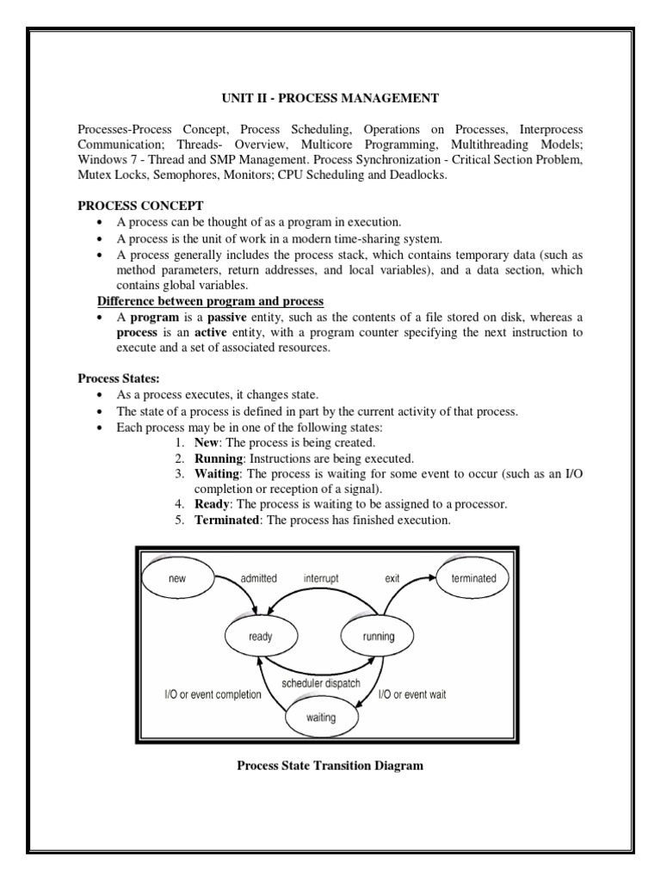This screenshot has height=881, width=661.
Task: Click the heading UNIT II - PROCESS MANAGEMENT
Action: pos(330,99)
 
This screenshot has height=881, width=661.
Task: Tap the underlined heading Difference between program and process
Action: pos(210,300)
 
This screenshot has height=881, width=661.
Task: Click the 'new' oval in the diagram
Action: pos(177,579)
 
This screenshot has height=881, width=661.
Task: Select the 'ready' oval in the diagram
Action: pos(260,638)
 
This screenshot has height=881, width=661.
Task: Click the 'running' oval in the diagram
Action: pos(379,638)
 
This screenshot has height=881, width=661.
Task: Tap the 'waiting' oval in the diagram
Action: pos(322,716)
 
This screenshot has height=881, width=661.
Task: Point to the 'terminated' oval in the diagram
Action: pos(473,578)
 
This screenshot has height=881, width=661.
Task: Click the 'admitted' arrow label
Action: pos(258,578)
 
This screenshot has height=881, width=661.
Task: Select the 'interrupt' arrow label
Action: pos(321,578)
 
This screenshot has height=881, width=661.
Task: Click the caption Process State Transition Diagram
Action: pos(330,766)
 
